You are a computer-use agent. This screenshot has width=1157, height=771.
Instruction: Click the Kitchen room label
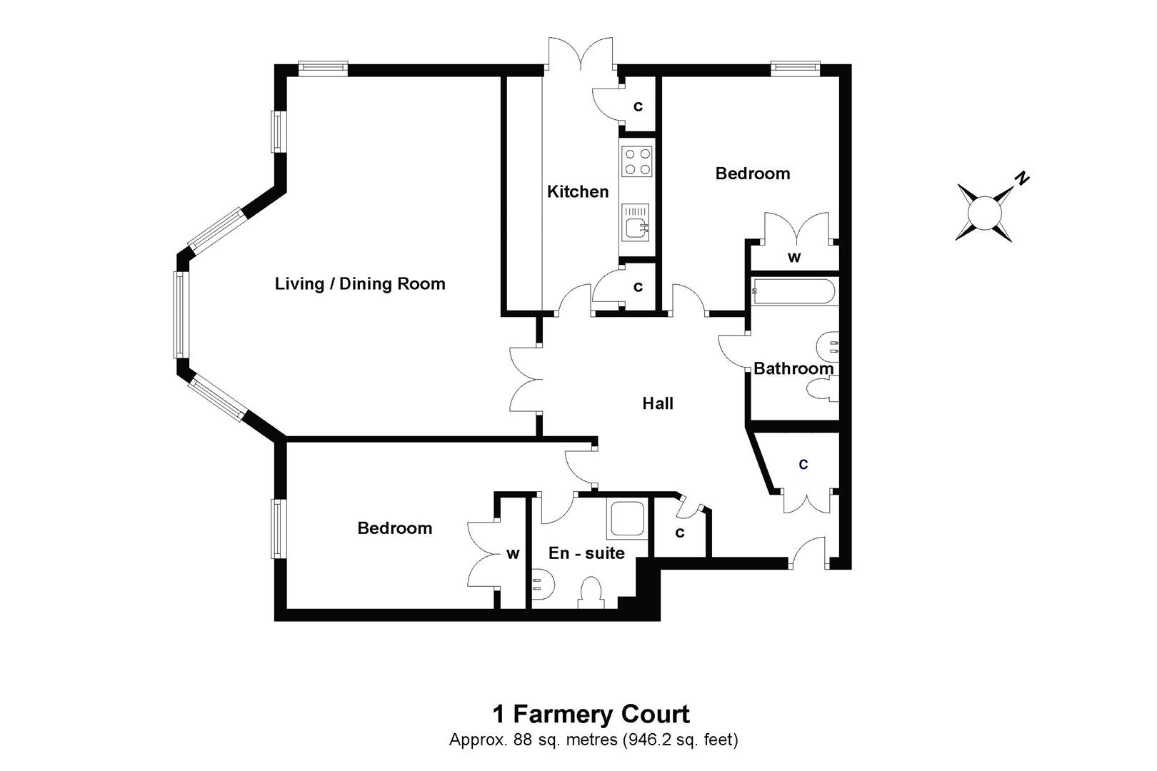[578, 191]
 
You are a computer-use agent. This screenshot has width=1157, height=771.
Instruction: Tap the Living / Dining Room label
[360, 284]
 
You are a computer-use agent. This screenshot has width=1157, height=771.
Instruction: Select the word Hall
[658, 404]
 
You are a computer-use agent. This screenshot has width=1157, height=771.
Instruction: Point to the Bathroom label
[793, 369]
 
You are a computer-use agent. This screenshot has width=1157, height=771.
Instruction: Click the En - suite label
[586, 553]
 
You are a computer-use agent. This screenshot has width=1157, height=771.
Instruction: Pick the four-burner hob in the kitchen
[637, 161]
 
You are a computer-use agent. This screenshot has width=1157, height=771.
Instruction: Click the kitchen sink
[636, 222]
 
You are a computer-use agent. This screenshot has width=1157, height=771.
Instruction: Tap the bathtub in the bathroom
[793, 291]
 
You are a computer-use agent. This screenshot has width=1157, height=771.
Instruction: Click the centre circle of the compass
[985, 212]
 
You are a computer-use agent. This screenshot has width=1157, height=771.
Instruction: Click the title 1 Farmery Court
[591, 714]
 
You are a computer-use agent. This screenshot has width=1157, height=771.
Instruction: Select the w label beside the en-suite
[513, 554]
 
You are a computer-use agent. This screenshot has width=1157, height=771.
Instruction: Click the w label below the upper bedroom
[793, 258]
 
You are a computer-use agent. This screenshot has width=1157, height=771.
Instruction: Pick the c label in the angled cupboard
[803, 465]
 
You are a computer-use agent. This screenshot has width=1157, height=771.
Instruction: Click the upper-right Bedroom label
[753, 173]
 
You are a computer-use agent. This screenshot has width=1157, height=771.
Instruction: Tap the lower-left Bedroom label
[394, 528]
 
